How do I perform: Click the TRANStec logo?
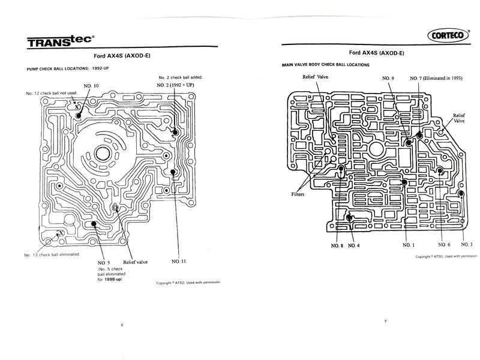click(x=59, y=40)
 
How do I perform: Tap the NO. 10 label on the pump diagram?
click(x=91, y=86)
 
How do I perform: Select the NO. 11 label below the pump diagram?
click(x=179, y=262)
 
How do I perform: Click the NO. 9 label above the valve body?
click(x=388, y=79)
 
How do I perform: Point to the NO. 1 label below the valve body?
click(x=407, y=245)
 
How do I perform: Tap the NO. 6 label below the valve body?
click(x=444, y=245)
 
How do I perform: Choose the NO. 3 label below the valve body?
click(x=467, y=245)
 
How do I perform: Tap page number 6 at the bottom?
click(x=122, y=325)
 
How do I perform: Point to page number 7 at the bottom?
click(x=386, y=322)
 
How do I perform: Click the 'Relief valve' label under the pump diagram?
click(x=136, y=262)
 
